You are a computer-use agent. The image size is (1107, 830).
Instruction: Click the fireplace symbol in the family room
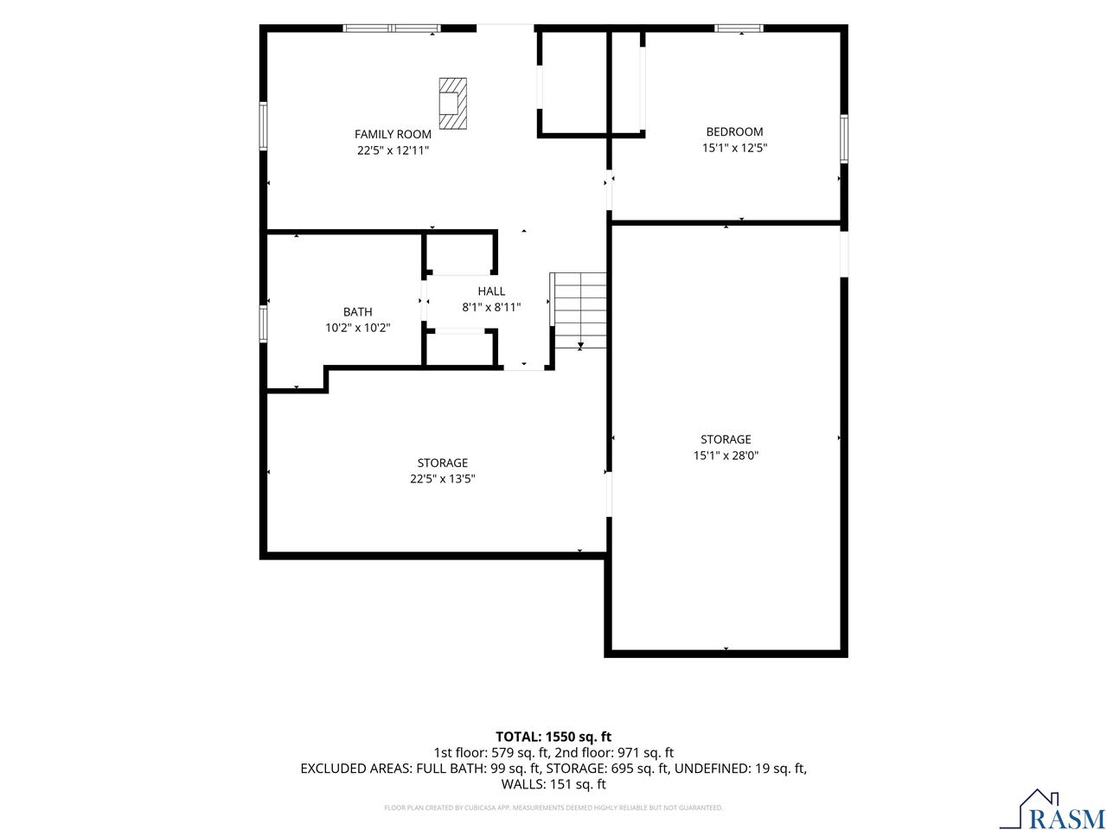pyautogui.click(x=452, y=103)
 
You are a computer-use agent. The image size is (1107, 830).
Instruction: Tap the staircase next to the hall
pyautogui.click(x=578, y=310)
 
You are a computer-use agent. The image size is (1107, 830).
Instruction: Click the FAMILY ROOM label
pyautogui.click(x=393, y=135)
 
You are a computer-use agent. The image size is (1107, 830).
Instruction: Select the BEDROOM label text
pyautogui.click(x=734, y=132)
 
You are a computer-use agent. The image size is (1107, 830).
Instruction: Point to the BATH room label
pyautogui.click(x=357, y=312)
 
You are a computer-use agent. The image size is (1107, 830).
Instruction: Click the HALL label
pyautogui.click(x=491, y=291)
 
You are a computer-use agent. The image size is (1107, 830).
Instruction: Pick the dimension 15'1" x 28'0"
pyautogui.click(x=726, y=456)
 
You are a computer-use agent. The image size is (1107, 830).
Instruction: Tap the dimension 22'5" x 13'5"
pyautogui.click(x=442, y=479)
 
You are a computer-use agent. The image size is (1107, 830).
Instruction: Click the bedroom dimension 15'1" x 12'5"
pyautogui.click(x=735, y=148)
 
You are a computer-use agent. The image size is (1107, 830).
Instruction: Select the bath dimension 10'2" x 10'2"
pyautogui.click(x=357, y=328)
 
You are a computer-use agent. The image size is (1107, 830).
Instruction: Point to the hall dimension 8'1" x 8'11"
pyautogui.click(x=491, y=308)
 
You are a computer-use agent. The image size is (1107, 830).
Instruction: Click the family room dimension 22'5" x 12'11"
pyautogui.click(x=393, y=150)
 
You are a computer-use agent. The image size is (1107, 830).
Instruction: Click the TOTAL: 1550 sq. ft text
pyautogui.click(x=553, y=737)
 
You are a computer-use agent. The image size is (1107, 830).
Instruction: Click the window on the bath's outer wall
pyautogui.click(x=263, y=323)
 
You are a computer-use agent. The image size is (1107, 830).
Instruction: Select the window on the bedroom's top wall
pyautogui.click(x=739, y=29)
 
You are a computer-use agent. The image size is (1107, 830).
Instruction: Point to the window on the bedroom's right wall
pyautogui.click(x=844, y=138)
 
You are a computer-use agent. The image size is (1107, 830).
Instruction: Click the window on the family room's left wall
pyautogui.click(x=263, y=126)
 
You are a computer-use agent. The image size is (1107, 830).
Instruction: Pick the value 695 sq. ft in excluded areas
pyautogui.click(x=639, y=769)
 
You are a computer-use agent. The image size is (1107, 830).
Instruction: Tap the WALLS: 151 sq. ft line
pyautogui.click(x=553, y=784)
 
